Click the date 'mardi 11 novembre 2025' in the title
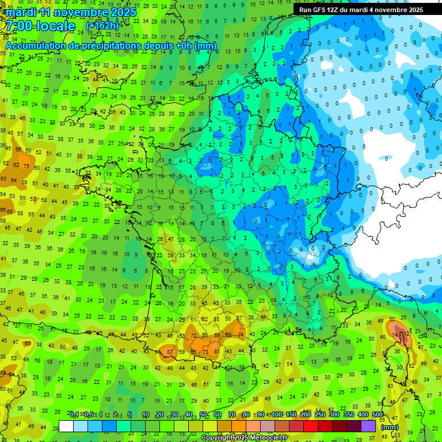(x=71, y=12)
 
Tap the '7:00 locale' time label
(x=40, y=26)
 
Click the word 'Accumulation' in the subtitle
(x=35, y=45)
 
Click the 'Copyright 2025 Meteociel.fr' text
(x=246, y=437)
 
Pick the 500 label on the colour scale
(x=378, y=415)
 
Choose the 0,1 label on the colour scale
(x=74, y=415)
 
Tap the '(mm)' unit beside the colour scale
(x=390, y=427)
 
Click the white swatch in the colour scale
(x=66, y=426)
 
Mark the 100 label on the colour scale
(x=277, y=415)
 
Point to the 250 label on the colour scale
(x=320, y=415)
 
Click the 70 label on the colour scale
(x=231, y=415)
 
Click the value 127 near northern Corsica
(x=407, y=333)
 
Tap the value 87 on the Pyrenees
(x=170, y=352)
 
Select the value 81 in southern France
(x=216, y=351)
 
